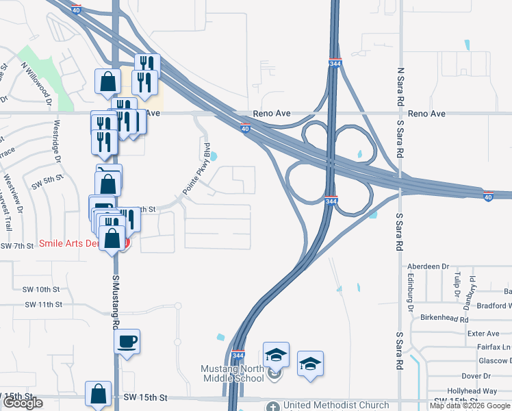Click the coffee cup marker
127,341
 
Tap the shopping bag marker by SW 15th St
98,394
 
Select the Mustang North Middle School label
232,373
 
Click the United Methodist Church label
335,406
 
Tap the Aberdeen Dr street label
427,266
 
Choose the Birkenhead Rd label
444,319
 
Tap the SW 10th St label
42,290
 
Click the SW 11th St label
42,304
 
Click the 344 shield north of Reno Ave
335,62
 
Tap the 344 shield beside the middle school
238,356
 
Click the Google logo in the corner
23,403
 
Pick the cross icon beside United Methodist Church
274,406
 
